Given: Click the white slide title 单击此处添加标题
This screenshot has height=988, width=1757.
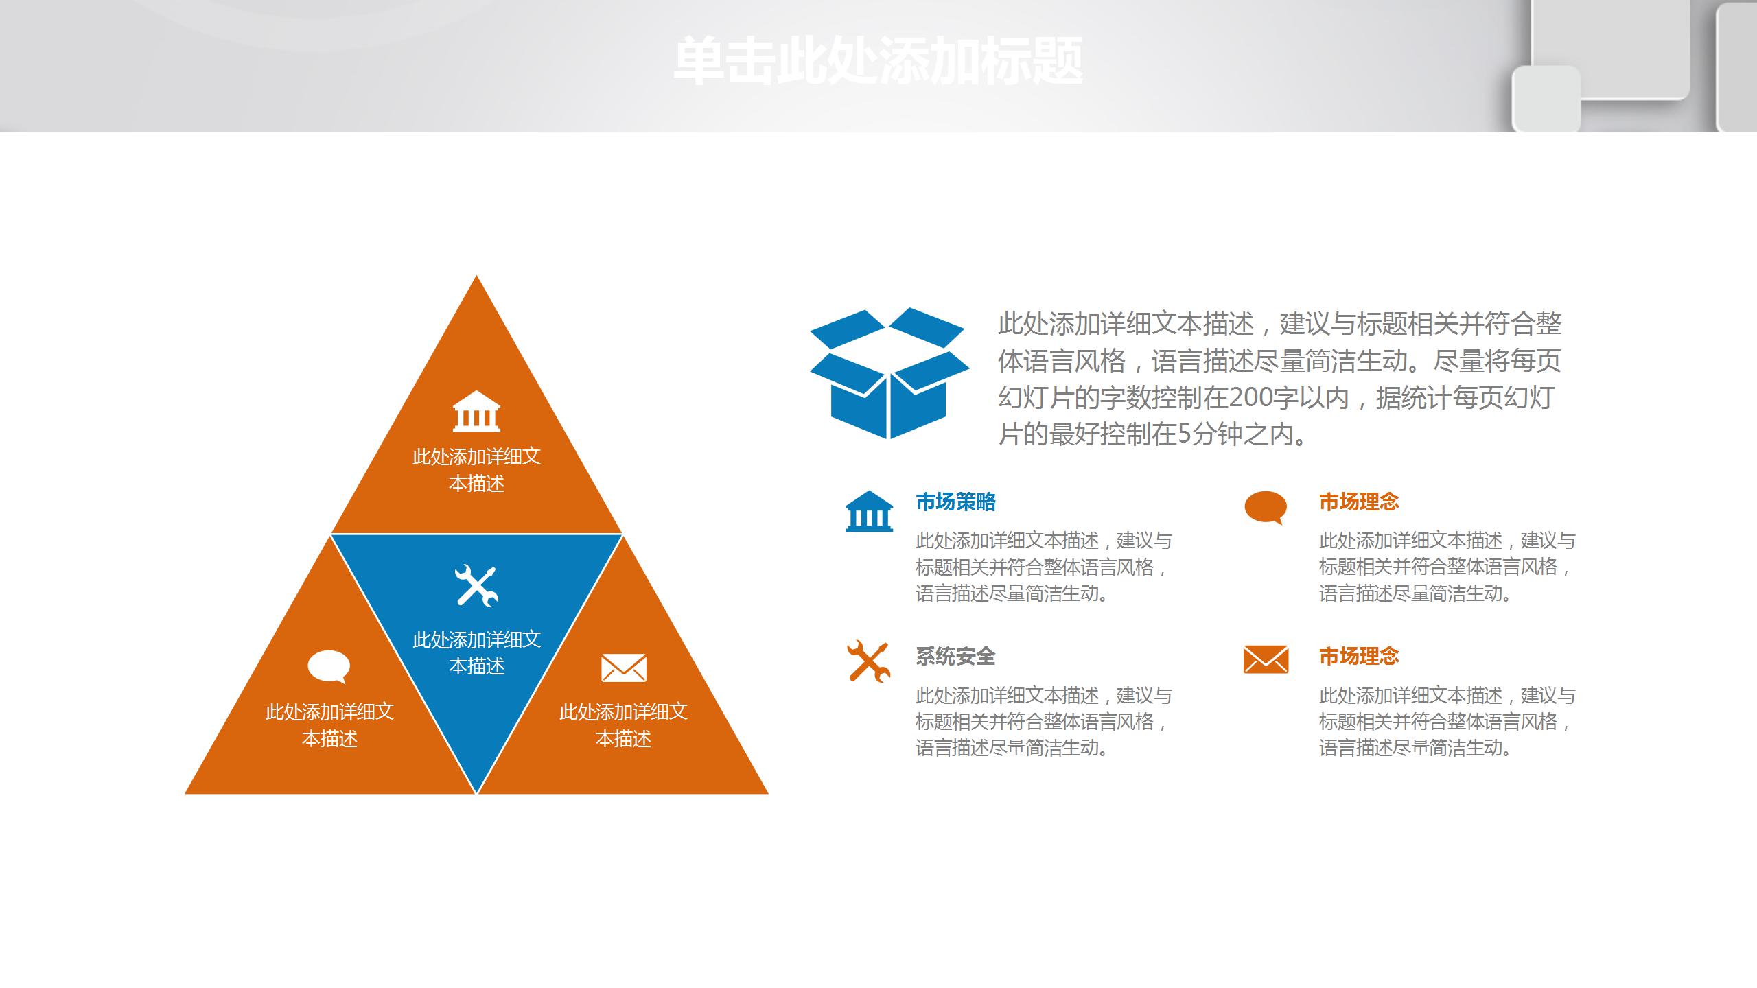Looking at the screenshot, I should pyautogui.click(x=878, y=62).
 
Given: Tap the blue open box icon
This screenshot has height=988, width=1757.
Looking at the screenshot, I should pyautogui.click(x=889, y=374).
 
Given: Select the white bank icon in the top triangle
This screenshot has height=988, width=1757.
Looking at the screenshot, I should pyautogui.click(x=476, y=412).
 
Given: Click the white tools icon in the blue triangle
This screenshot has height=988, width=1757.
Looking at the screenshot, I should pyautogui.click(x=476, y=585).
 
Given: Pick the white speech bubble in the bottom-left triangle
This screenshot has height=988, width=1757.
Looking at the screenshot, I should pyautogui.click(x=329, y=666).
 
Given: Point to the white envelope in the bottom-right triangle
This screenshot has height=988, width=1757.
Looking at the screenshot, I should pyautogui.click(x=624, y=668).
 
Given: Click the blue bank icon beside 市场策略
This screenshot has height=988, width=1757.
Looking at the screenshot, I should pyautogui.click(x=869, y=511).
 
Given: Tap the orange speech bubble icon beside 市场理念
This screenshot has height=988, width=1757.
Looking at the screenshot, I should pyautogui.click(x=1266, y=508).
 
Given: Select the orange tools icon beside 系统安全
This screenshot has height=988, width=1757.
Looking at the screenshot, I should pyautogui.click(x=869, y=661).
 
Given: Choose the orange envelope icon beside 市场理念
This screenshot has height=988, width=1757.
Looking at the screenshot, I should pyautogui.click(x=1266, y=659).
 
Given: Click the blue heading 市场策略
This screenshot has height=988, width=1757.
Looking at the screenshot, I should pyautogui.click(x=955, y=502).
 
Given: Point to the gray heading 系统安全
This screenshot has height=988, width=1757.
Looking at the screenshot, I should pyautogui.click(x=955, y=657).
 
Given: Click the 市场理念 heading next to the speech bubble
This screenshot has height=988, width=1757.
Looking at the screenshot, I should pyautogui.click(x=1359, y=502).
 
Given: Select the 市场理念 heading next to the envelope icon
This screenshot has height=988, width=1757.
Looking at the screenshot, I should pyautogui.click(x=1359, y=657).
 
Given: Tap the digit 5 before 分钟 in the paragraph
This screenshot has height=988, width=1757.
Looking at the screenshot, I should pyautogui.click(x=1184, y=434).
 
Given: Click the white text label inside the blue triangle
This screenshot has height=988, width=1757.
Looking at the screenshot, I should pyautogui.click(x=476, y=652).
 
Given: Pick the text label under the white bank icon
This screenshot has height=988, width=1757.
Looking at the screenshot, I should pyautogui.click(x=476, y=470).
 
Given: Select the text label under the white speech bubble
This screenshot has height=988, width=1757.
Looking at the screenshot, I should pyautogui.click(x=329, y=725).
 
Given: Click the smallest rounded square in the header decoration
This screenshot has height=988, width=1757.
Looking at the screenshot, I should pyautogui.click(x=1546, y=98).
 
